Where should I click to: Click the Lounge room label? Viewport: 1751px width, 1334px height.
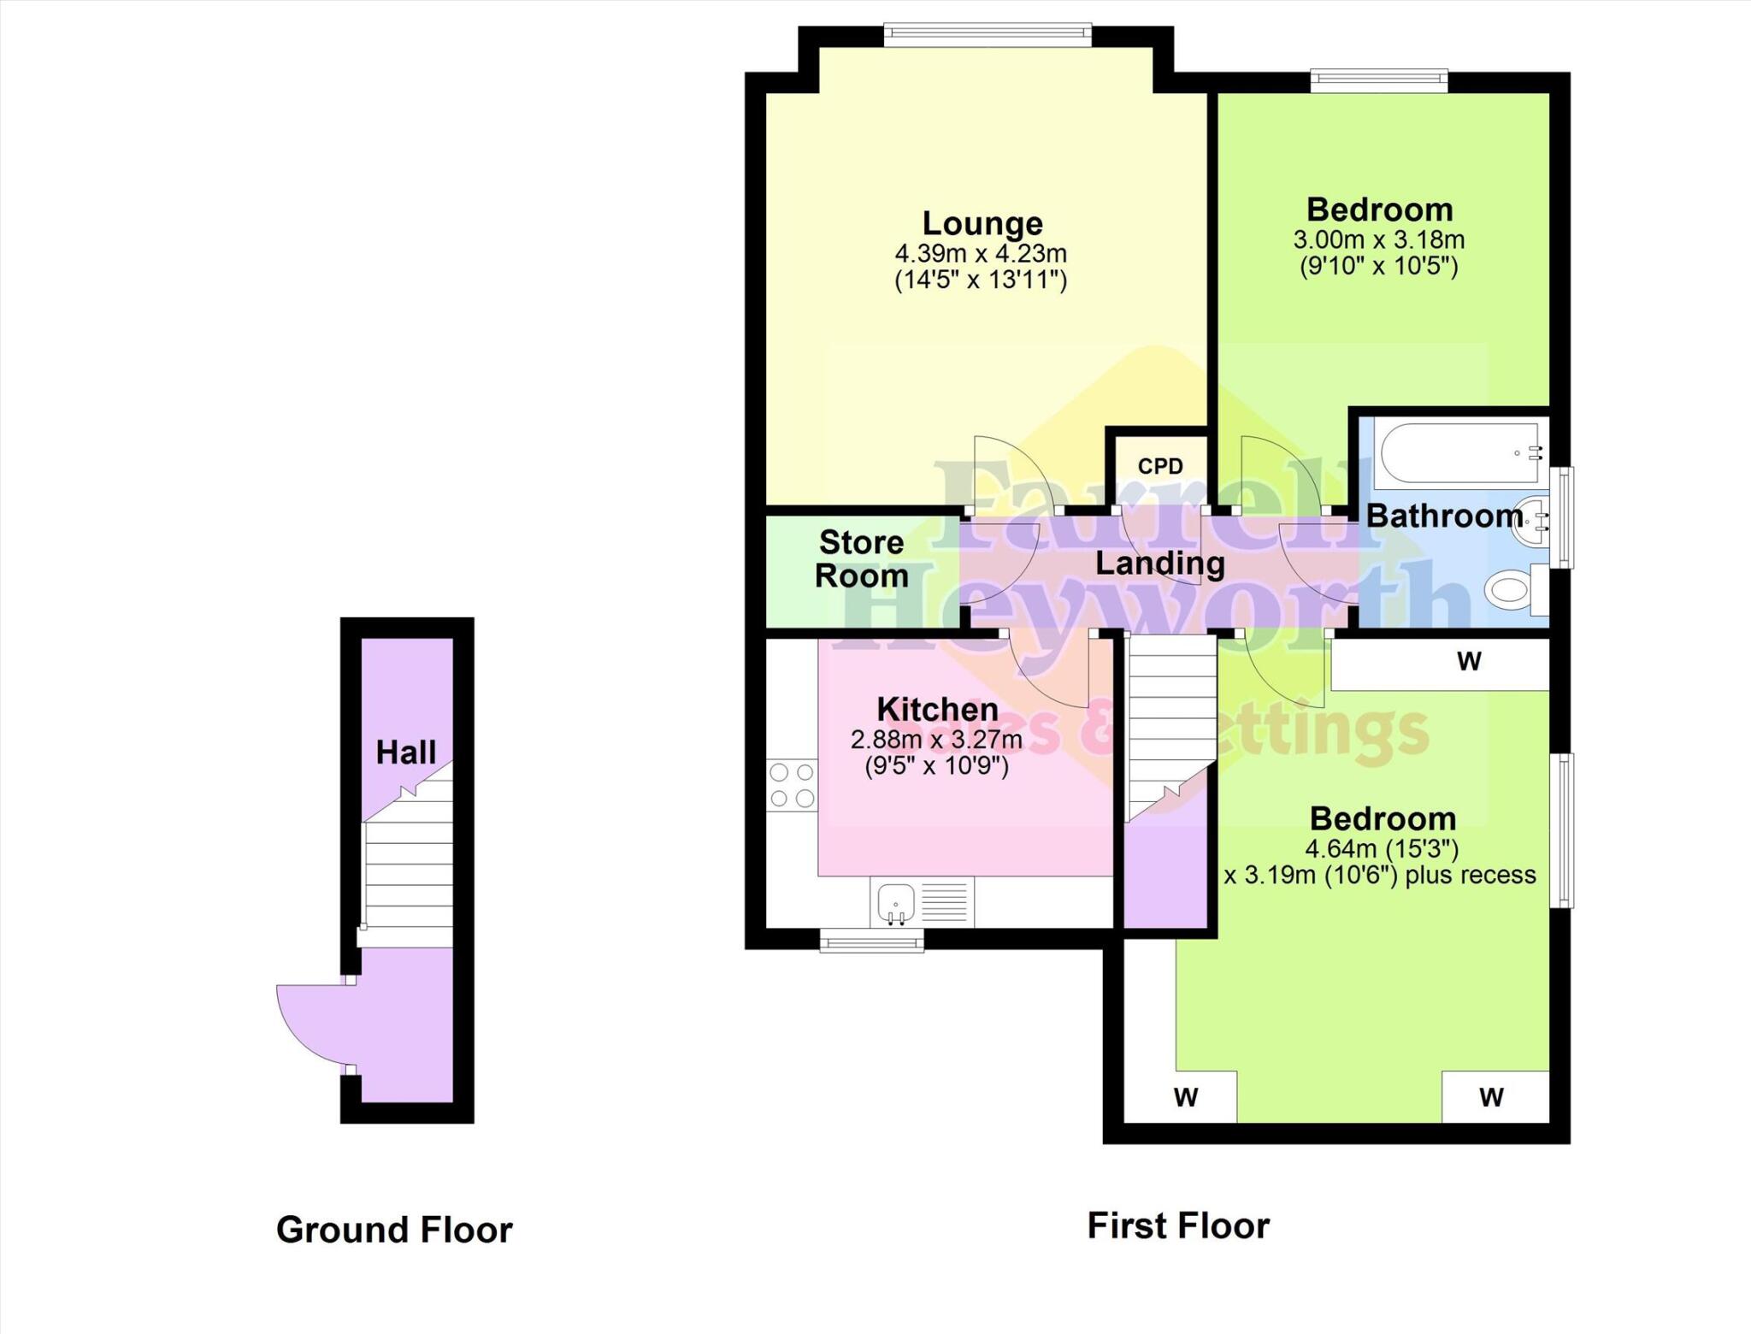tap(982, 223)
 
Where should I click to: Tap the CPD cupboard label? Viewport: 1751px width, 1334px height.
tap(1160, 466)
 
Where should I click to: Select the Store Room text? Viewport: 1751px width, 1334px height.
tap(861, 559)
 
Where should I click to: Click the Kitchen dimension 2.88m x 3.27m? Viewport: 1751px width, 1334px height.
tap(936, 739)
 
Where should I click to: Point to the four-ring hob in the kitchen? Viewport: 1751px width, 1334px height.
tap(792, 785)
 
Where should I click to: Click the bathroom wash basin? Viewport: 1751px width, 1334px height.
tap(1533, 519)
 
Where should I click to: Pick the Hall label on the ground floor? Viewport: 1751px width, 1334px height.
tap(406, 753)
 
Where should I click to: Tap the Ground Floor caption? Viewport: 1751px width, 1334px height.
tap(394, 1230)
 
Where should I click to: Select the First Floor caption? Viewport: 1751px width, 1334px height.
tap(1178, 1225)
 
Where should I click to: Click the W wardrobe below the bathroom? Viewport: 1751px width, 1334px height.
tap(1468, 661)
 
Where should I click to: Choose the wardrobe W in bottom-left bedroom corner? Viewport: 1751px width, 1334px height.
tap(1185, 1097)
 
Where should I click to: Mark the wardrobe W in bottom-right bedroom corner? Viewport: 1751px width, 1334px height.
tap(1491, 1097)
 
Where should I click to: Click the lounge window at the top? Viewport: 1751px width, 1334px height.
tap(987, 34)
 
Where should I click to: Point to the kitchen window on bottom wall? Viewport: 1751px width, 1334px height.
tap(871, 941)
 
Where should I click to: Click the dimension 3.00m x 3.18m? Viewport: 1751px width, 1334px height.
tap(1379, 239)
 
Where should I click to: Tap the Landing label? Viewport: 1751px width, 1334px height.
tap(1159, 564)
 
